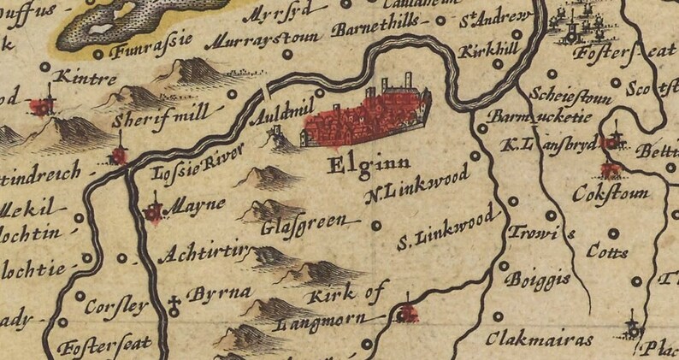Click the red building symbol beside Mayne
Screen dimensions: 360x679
[x=155, y=210]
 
